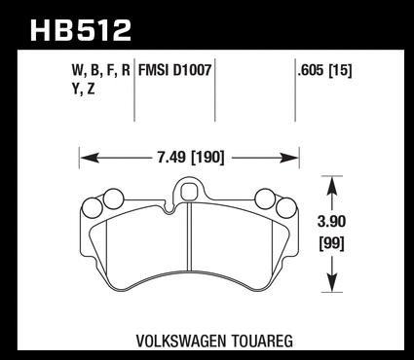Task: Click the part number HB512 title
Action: pos(81,30)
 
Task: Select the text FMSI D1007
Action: pos(174,70)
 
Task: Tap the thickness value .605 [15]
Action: pos(324,70)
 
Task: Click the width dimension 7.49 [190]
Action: pos(191,158)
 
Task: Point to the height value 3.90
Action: pos(331,222)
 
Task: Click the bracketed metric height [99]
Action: pos(332,243)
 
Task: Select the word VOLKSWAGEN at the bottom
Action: pos(180,341)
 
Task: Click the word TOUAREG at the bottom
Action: pos(262,341)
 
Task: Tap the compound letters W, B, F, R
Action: pos(100,70)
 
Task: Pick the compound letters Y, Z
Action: pos(83,89)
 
